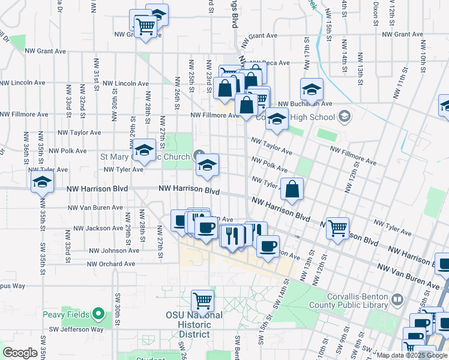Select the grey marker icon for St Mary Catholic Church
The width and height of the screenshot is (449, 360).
point(199,157)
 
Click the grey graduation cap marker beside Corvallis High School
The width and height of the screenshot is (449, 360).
point(345,115)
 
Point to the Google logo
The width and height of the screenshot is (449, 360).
point(20,353)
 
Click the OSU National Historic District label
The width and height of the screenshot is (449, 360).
point(194,325)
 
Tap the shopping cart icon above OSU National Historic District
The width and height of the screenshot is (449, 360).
point(202,299)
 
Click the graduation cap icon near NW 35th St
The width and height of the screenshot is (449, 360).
point(41,181)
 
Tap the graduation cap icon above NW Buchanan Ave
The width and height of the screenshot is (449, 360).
point(312,89)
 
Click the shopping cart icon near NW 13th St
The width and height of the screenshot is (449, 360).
point(338,227)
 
